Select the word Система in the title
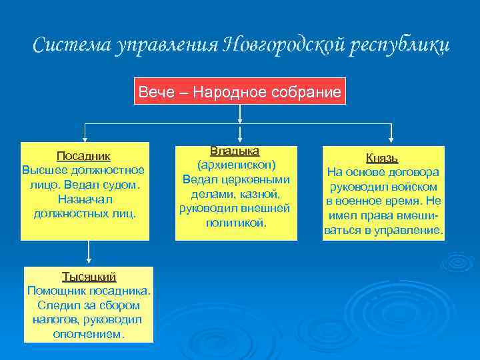click(x=72, y=45)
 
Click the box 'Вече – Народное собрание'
click(x=239, y=91)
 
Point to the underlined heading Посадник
click(x=83, y=156)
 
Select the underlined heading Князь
click(x=382, y=158)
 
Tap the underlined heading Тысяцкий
click(x=89, y=276)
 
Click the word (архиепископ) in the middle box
click(x=235, y=165)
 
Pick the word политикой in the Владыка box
click(x=235, y=223)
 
